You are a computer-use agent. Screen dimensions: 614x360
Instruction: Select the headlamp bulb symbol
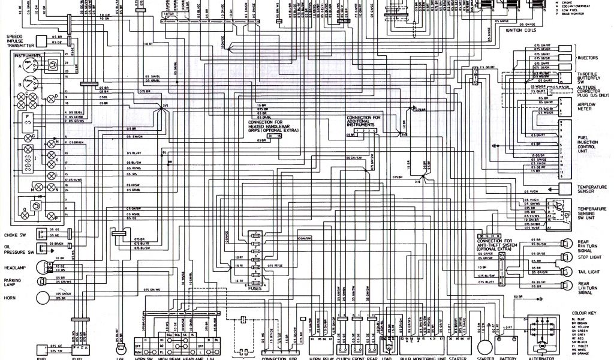[x=43, y=267]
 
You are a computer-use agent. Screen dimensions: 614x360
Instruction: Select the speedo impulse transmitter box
[x=50, y=41]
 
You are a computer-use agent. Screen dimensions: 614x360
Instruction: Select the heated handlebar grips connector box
[x=275, y=136]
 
